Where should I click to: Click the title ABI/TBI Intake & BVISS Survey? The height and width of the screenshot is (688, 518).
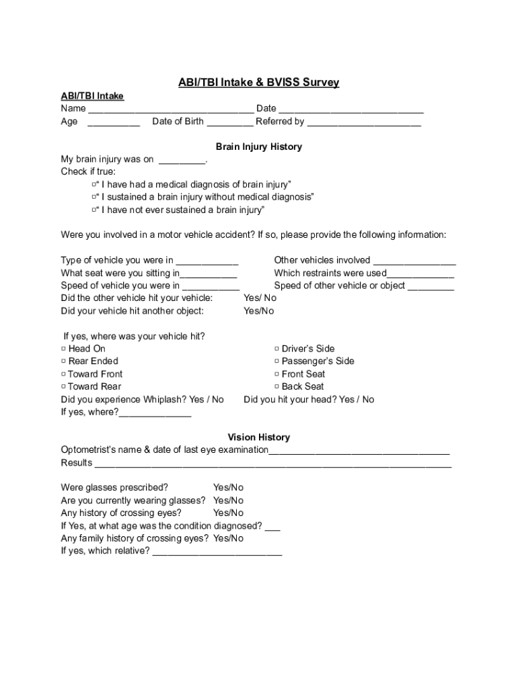click(258, 83)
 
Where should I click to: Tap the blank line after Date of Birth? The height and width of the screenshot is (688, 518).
click(230, 122)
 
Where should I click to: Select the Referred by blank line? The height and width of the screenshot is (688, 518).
click(364, 122)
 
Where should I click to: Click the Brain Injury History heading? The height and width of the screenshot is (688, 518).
click(258, 146)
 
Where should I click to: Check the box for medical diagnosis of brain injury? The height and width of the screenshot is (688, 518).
click(95, 184)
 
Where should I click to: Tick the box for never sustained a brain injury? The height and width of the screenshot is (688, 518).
click(95, 210)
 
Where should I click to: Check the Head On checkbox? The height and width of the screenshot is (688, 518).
click(63, 349)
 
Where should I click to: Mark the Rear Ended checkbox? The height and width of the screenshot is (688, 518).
click(63, 361)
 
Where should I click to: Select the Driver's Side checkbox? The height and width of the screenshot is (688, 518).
click(276, 349)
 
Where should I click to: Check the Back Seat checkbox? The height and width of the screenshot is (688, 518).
click(276, 387)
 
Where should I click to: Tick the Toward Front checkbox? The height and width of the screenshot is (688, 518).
click(63, 374)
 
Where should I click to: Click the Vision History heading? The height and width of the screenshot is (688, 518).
click(258, 437)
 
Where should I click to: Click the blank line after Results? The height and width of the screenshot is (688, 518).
click(273, 464)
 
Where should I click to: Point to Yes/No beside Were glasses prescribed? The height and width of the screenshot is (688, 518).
click(228, 488)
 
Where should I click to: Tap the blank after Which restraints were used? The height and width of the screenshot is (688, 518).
click(420, 274)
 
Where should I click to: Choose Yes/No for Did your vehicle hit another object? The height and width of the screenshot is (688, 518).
click(258, 311)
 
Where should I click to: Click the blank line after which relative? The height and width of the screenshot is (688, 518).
click(217, 552)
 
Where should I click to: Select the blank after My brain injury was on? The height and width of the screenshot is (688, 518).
click(182, 161)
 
